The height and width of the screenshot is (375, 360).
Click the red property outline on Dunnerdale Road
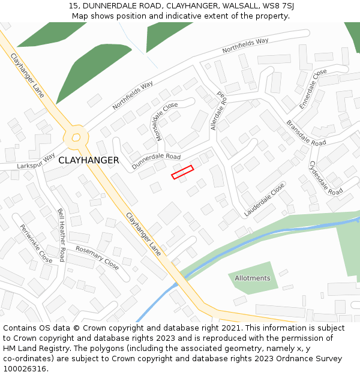pyautogui.click(x=182, y=172)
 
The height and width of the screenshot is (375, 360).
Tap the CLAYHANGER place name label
pyautogui.click(x=89, y=160)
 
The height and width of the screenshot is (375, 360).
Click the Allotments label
pyautogui.click(x=252, y=278)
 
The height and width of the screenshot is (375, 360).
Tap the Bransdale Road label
pyautogui.click(x=305, y=134)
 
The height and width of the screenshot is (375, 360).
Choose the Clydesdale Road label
pyautogui.click(x=326, y=177)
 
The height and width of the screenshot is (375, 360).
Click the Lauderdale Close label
pyautogui.click(x=264, y=200)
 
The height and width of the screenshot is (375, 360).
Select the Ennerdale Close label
pyautogui.click(x=313, y=88)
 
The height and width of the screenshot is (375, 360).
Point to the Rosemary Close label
pyautogui.click(x=97, y=257)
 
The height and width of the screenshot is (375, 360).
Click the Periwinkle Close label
pyautogui.click(x=37, y=244)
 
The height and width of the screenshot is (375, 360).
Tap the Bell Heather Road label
pyautogui.click(x=61, y=235)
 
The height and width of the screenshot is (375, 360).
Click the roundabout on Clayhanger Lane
pyautogui.click(x=76, y=137)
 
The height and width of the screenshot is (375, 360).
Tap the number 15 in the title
pyautogui.click(x=73, y=6)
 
